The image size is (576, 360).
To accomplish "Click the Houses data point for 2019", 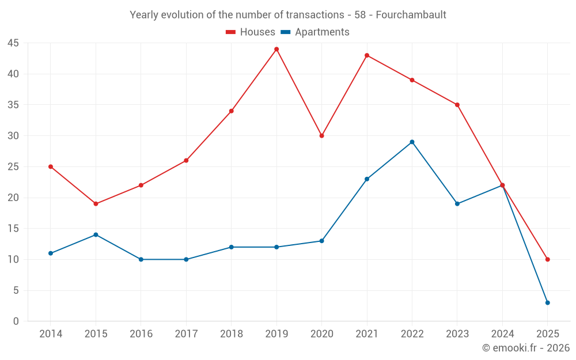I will pyautogui.click(x=276, y=49).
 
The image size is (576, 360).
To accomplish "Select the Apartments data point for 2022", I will pyautogui.click(x=412, y=142).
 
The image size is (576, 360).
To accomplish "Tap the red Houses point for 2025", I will pyautogui.click(x=547, y=259).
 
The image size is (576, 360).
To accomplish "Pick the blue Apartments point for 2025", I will pyautogui.click(x=547, y=302).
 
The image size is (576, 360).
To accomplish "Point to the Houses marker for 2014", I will pyautogui.click(x=51, y=166).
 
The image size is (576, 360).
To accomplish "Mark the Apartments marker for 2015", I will pyautogui.click(x=96, y=234).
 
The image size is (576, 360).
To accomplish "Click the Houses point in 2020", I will pyautogui.click(x=321, y=136).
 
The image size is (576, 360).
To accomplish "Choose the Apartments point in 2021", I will pyautogui.click(x=367, y=179).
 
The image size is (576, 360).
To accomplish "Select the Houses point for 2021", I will pyautogui.click(x=367, y=55).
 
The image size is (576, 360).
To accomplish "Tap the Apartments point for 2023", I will pyautogui.click(x=457, y=204).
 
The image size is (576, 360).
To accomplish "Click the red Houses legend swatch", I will pyautogui.click(x=231, y=32).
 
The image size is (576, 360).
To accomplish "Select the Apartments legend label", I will pyautogui.click(x=322, y=32).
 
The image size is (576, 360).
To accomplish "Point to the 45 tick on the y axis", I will pyautogui.click(x=13, y=43).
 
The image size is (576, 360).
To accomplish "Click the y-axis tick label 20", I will pyautogui.click(x=13, y=198).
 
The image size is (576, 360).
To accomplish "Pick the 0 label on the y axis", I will pyautogui.click(x=16, y=321).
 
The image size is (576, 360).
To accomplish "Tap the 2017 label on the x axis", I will pyautogui.click(x=186, y=334).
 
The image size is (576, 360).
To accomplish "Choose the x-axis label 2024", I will pyautogui.click(x=502, y=334).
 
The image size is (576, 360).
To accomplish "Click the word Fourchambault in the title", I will pyautogui.click(x=411, y=15).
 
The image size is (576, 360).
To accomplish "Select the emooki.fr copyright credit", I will pyautogui.click(x=525, y=348).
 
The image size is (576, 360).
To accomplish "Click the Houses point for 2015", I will pyautogui.click(x=96, y=204).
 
